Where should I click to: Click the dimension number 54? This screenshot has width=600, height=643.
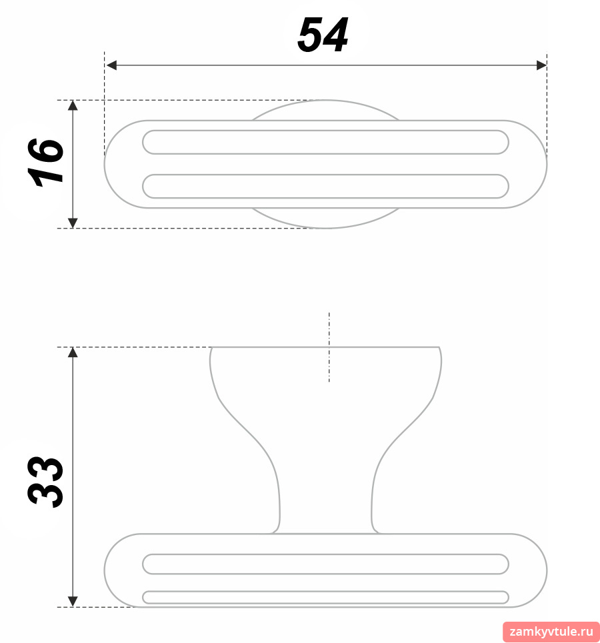pos(323,35)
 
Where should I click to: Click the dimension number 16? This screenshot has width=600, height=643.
pos(46,163)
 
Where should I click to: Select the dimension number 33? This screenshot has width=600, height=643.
pos(46,482)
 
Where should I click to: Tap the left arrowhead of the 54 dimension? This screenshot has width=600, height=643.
pos(111,65)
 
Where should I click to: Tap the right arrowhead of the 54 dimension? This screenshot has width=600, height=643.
pos(541,65)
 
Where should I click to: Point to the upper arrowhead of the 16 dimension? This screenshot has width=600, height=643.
pos(73,105)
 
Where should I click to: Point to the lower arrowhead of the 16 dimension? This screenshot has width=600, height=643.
pos(73,223)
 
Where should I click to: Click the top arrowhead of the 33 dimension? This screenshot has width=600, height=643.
pos(73,352)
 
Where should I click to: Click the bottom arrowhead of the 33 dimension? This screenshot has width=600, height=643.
pos(73,602)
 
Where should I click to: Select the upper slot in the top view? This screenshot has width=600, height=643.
pos(325,143)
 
